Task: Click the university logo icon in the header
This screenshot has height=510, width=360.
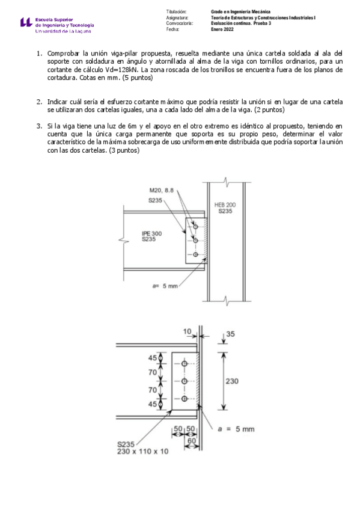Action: (25, 23)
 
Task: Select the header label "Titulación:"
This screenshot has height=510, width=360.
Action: (177, 12)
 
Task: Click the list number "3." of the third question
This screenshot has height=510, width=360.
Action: (39, 126)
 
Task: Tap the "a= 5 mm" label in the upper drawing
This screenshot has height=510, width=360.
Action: (165, 286)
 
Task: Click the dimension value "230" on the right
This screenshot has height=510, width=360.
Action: (233, 380)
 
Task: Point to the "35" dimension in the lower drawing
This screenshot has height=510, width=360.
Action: (231, 335)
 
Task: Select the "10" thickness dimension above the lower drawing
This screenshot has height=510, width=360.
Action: (187, 331)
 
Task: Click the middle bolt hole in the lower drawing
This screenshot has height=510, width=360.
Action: (184, 381)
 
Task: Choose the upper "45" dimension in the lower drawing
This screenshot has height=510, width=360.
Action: (153, 359)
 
